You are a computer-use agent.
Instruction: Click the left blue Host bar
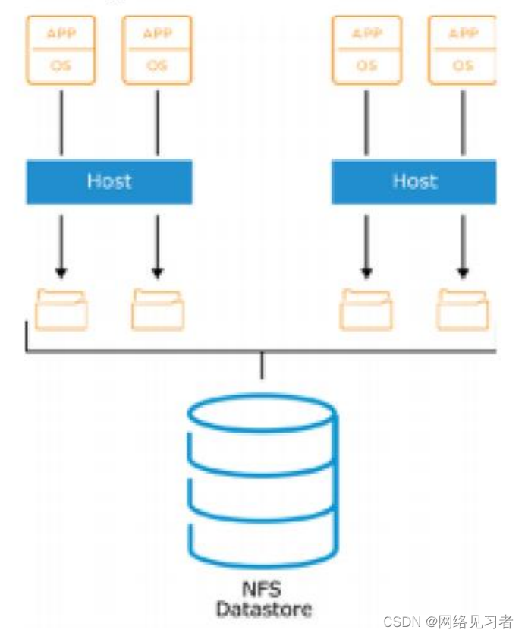tap(109, 182)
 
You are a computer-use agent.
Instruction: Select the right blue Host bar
tap(413, 182)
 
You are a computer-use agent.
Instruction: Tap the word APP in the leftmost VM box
tap(61, 33)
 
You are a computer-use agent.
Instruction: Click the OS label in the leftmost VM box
tap(61, 66)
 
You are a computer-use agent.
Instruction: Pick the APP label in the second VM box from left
tap(157, 33)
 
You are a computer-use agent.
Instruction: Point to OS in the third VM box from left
tap(366, 66)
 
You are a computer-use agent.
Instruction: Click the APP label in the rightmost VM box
tap(462, 33)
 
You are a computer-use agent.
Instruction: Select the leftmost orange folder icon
tap(61, 310)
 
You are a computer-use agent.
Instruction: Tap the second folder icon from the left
tap(157, 310)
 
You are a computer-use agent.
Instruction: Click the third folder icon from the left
tap(366, 310)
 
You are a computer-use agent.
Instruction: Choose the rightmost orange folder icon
tap(462, 310)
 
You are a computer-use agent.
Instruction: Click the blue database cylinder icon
tap(262, 478)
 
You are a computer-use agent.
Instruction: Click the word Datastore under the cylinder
tap(262, 609)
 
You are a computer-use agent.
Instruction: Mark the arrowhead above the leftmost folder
tap(61, 272)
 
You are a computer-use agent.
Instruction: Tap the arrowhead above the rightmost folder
tap(462, 272)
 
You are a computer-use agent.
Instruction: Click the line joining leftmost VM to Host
tap(61, 121)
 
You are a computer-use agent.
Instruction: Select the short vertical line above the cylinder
tap(262, 366)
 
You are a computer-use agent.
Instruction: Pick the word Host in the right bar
tap(414, 181)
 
